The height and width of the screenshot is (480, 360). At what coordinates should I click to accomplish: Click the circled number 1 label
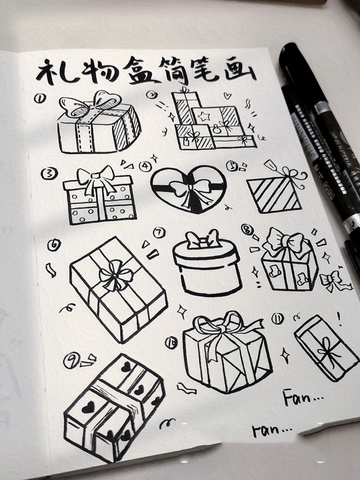point(40,98)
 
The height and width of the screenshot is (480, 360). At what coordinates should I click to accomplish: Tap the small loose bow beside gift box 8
point(333,280)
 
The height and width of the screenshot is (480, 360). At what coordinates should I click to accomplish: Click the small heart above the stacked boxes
point(227,95)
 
